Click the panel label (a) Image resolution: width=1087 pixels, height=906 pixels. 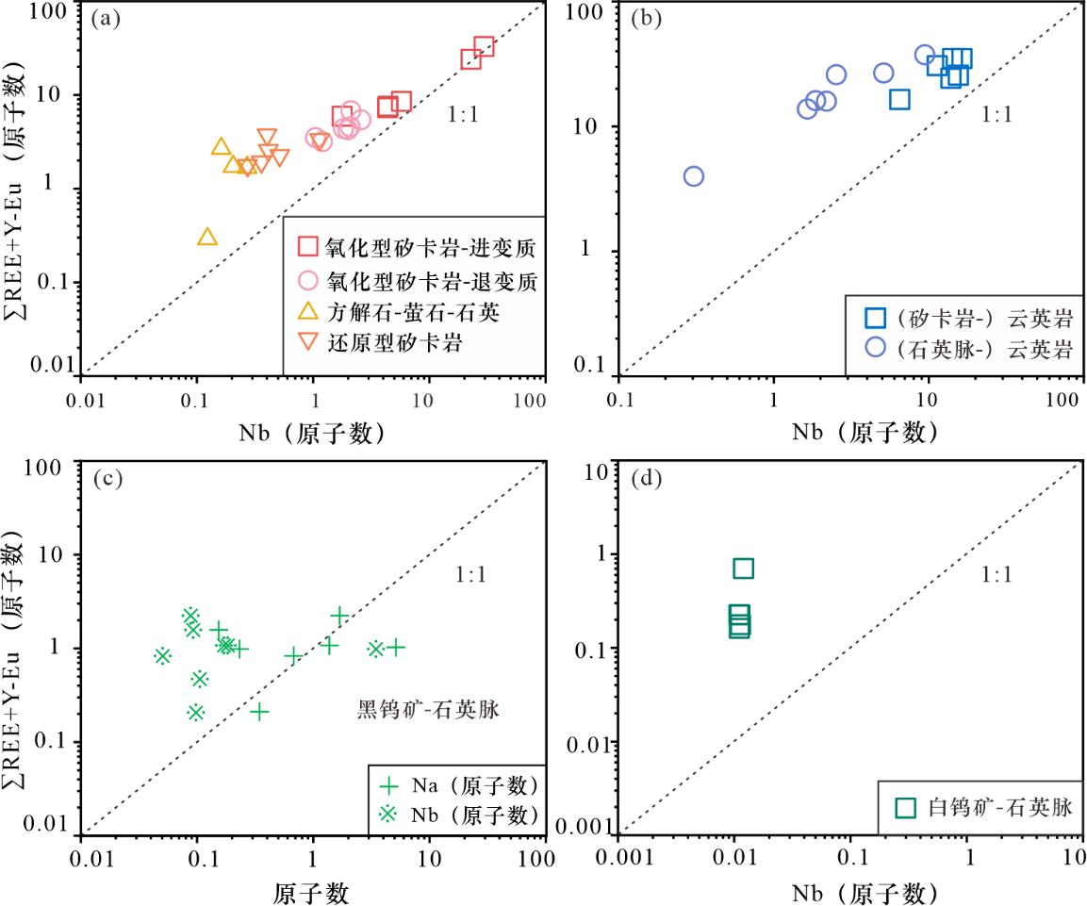click(105, 18)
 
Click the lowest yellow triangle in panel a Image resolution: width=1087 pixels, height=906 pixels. click(208, 237)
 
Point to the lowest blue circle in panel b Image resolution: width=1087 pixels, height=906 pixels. click(694, 176)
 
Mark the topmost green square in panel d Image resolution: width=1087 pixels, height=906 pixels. click(743, 568)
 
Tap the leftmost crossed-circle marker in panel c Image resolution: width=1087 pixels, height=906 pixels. click(162, 655)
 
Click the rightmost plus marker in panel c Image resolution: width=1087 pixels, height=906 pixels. click(397, 647)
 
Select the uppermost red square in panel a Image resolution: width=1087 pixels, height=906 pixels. click(484, 46)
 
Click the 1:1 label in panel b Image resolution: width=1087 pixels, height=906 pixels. click(996, 117)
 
